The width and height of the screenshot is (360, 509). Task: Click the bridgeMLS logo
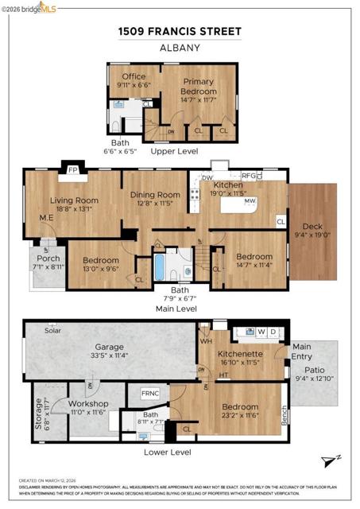click(x=29, y=8)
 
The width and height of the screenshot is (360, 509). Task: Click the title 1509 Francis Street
click(x=179, y=31)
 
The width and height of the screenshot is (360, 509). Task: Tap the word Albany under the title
click(x=179, y=47)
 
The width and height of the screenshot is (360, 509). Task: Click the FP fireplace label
click(x=72, y=170)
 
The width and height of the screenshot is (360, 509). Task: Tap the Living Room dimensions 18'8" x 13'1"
click(x=74, y=211)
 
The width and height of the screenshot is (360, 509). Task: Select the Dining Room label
click(x=156, y=195)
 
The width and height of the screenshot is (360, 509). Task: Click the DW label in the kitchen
click(x=207, y=177)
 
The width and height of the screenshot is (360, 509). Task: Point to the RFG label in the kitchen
click(x=250, y=177)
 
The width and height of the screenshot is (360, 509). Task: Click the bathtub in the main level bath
click(x=159, y=264)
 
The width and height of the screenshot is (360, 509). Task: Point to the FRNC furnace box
click(x=150, y=394)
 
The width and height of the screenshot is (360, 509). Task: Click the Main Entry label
click(x=302, y=351)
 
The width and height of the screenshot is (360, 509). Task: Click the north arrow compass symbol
click(x=331, y=461)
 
